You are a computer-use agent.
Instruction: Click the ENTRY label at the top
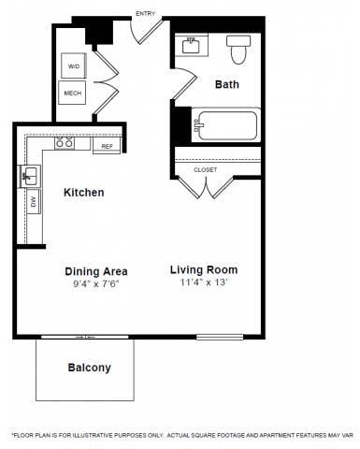point(146,13)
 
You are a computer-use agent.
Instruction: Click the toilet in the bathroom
point(238,51)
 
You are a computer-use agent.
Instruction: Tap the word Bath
point(227,84)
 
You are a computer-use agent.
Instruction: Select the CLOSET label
point(206,169)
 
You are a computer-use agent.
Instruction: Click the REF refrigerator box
point(106,146)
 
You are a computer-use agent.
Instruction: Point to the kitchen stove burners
point(65,144)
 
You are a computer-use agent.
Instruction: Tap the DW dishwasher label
point(34,201)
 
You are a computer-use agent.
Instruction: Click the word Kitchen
point(83,193)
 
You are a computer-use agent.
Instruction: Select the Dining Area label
point(96,271)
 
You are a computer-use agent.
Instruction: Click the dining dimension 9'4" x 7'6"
point(96,283)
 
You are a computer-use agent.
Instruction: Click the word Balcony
point(89,368)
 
